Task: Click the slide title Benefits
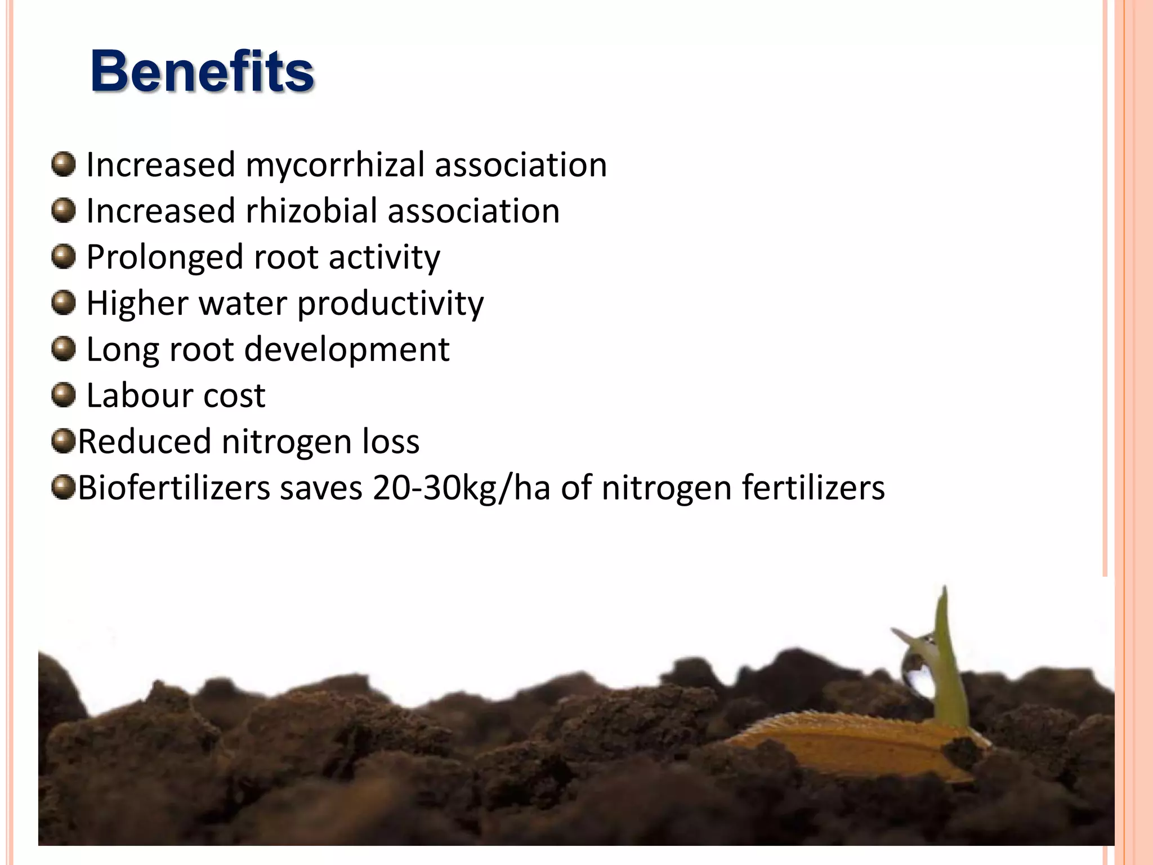tap(202, 72)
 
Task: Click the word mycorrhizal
tap(334, 165)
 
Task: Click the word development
tap(347, 350)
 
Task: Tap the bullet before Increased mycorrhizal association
tap(63, 164)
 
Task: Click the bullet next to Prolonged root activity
tap(63, 257)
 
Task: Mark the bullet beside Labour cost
tap(63, 395)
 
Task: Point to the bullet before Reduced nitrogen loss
tap(63, 441)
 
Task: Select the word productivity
tap(390, 304)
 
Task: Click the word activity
tap(384, 258)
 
